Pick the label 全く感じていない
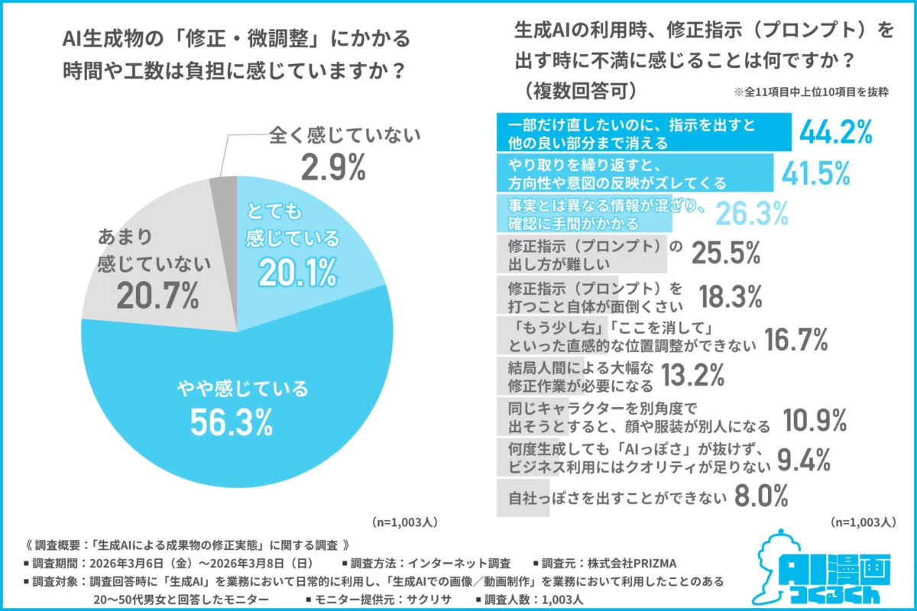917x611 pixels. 345,137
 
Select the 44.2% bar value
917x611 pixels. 836,133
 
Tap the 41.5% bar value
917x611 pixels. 815,174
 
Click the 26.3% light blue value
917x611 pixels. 753,214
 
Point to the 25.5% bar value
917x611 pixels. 726,254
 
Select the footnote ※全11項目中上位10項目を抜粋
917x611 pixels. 811,91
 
